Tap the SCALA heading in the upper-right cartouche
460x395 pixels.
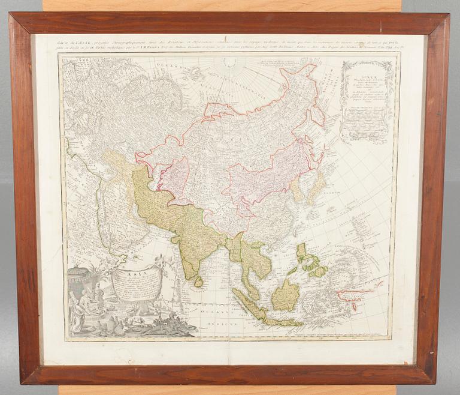tap(365, 68)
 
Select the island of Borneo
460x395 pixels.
tap(286, 295)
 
